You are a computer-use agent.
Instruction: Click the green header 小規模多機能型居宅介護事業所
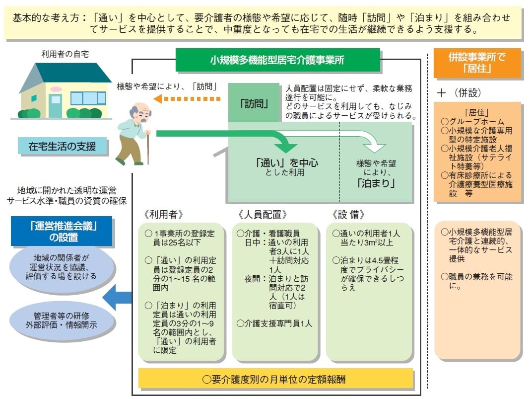(x=277, y=61)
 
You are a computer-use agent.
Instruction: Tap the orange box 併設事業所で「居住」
(x=477, y=63)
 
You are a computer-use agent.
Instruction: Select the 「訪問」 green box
(x=254, y=103)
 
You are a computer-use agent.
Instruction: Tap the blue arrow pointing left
(x=117, y=297)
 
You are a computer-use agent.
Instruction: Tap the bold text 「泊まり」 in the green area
(x=376, y=183)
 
